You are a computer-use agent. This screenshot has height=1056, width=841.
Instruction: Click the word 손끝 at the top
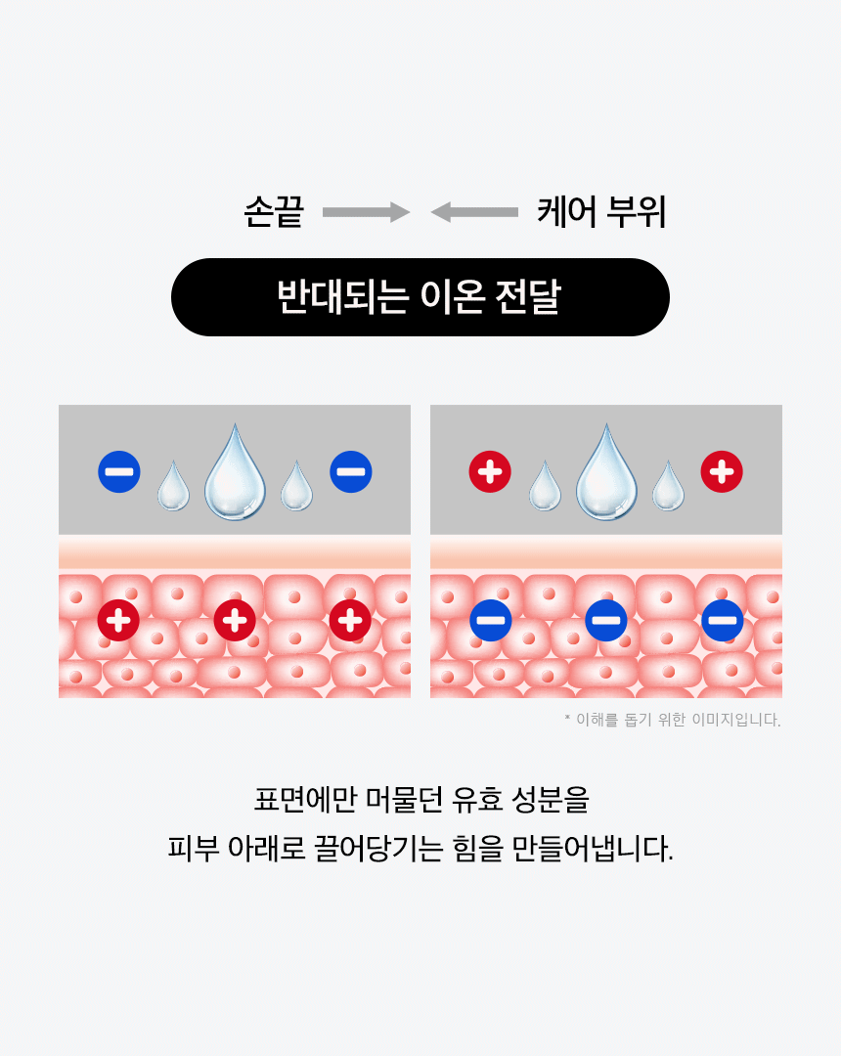coord(273,212)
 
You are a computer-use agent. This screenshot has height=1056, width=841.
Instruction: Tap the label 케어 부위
coord(601,212)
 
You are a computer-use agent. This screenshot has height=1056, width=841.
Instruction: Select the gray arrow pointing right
coord(366,212)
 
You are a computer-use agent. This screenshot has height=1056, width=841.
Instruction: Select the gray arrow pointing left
coord(474,212)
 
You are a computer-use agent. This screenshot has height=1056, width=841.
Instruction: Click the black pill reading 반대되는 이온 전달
coord(420,297)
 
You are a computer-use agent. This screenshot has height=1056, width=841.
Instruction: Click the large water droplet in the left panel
coord(235,474)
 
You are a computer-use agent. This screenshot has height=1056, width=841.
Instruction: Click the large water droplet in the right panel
coord(606,474)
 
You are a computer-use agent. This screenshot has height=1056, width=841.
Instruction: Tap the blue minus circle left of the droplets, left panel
coord(119,472)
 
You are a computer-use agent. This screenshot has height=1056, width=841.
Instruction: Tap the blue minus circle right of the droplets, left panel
coord(350,472)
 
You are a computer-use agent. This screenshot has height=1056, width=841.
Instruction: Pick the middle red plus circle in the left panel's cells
coord(235,620)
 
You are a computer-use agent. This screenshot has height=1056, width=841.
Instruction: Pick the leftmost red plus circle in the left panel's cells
coord(118,620)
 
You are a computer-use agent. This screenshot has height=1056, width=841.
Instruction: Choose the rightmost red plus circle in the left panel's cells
coord(350,620)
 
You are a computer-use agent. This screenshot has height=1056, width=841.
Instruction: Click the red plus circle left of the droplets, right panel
coord(490,472)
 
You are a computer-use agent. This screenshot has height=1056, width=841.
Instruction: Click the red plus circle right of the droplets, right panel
coord(722,472)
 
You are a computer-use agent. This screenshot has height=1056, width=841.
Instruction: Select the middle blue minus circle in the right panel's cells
coord(606,620)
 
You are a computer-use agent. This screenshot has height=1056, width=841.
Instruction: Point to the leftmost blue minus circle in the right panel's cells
coord(490,620)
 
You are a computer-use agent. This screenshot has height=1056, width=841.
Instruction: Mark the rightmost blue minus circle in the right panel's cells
coord(722,620)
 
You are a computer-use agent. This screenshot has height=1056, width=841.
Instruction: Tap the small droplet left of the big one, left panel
coord(173,487)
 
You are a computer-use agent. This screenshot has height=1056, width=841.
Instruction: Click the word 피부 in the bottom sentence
coord(192,847)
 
